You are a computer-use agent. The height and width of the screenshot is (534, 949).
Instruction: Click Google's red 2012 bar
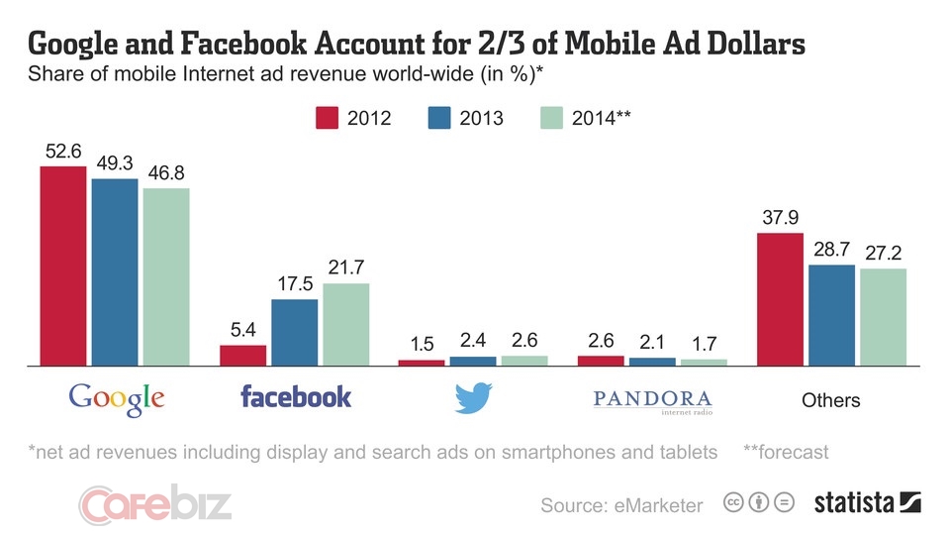pos(62,266)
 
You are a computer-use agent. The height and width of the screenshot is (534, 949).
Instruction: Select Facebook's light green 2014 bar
pos(345,324)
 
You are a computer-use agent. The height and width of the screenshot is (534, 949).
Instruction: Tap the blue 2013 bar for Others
pos(831,315)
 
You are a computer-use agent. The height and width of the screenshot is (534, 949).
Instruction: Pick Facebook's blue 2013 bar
pos(294,332)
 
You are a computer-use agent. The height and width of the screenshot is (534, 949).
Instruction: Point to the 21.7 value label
pos(345,268)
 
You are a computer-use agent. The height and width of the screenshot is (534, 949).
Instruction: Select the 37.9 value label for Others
pos(780,218)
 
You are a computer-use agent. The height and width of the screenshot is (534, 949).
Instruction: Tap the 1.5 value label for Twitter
pos(422,344)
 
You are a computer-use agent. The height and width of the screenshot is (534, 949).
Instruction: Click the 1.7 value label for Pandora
pos(703,344)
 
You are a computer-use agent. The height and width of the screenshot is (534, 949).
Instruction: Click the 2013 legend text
pos(482,118)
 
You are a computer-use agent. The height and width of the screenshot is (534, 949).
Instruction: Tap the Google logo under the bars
pos(116,398)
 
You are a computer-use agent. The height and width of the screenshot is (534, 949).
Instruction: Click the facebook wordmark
pos(296,397)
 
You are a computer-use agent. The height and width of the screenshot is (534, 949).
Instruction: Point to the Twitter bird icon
pos(473,398)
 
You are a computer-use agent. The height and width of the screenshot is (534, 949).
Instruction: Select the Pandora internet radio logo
pos(652,399)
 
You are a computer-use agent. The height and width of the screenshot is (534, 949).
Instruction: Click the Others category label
pos(830,400)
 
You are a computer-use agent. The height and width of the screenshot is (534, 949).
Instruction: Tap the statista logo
pos(867,502)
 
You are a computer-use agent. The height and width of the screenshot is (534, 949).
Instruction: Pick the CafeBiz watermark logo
pos(155,503)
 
